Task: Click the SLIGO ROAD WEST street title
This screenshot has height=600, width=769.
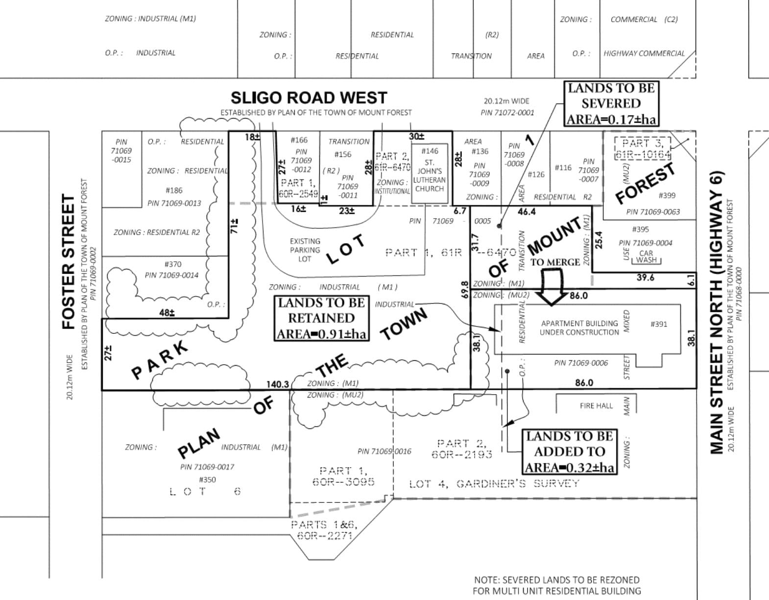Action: point(309,98)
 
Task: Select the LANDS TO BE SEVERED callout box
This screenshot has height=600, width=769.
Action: point(611,103)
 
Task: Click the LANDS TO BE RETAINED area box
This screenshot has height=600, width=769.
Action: point(321,318)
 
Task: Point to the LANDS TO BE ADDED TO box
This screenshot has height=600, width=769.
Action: point(569,451)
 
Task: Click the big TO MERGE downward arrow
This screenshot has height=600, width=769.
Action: point(552,290)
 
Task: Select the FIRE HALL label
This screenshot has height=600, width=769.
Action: point(596,406)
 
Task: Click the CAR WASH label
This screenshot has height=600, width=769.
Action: point(646,257)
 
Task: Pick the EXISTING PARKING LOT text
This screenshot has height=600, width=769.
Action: point(305,250)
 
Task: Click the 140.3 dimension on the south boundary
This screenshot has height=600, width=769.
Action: point(277,384)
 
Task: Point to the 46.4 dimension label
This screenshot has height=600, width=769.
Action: point(527,212)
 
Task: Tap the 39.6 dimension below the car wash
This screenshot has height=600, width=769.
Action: point(645,277)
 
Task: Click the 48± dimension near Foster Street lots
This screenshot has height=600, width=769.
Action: point(167,312)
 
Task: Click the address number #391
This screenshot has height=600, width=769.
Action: point(658,324)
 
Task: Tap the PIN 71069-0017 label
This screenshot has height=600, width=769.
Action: point(207,467)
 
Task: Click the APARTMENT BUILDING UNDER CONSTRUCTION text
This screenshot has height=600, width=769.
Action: point(579,328)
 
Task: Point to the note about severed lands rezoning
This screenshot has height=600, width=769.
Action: point(556,585)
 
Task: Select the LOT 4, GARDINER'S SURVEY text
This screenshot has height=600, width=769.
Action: point(494,484)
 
